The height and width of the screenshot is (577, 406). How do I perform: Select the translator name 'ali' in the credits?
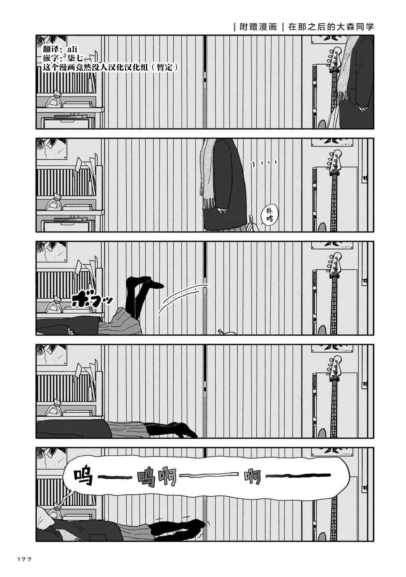(x=72, y=49)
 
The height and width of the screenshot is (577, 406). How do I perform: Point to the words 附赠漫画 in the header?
(x=258, y=27)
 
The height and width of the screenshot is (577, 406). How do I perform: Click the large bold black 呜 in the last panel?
(x=84, y=478)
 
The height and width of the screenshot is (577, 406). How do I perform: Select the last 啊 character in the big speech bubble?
(x=253, y=477)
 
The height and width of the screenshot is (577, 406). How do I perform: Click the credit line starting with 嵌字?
(x=62, y=58)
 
